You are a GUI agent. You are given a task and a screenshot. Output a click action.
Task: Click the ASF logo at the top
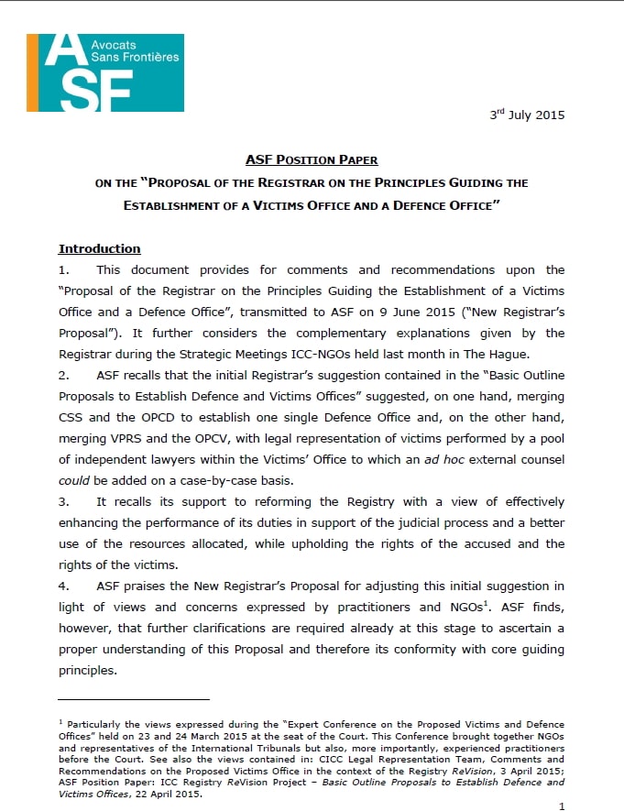(x=105, y=72)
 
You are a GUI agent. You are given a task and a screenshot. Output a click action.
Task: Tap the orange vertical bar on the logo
(x=32, y=72)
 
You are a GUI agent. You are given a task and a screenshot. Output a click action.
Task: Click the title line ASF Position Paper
(x=312, y=160)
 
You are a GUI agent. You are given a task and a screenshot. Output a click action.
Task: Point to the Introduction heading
(x=99, y=248)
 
